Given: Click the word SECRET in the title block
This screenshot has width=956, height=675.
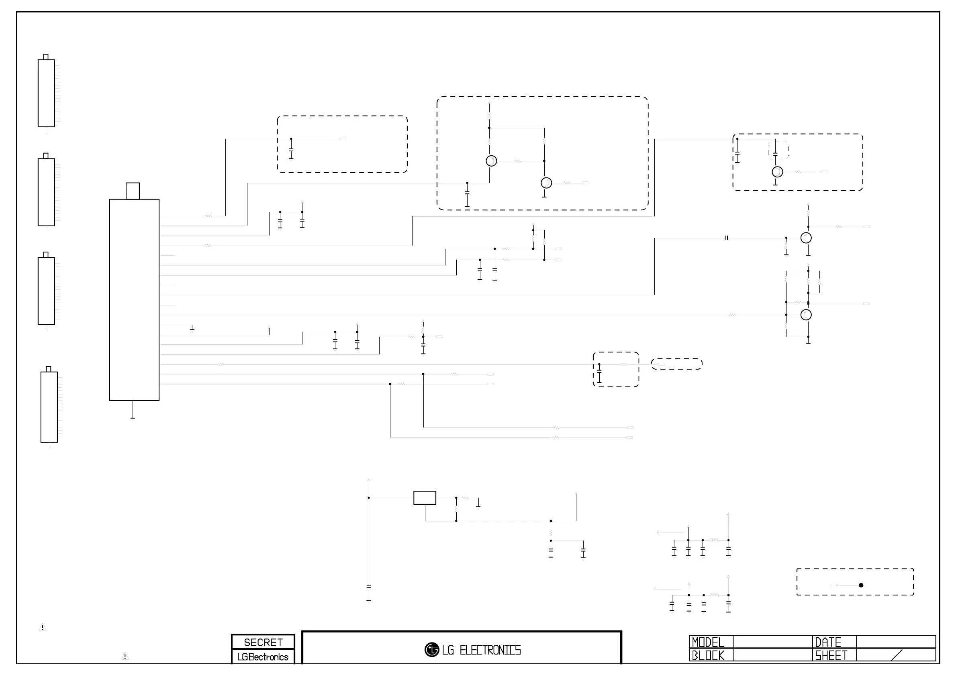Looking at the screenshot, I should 263,642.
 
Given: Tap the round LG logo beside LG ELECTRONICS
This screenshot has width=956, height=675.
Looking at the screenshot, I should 432,650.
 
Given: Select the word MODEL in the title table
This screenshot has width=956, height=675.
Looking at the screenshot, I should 708,642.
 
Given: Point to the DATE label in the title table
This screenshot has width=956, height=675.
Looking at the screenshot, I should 828,642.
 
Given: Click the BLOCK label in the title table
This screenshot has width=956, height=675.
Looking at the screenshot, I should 708,655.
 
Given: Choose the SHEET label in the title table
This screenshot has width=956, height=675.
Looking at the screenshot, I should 831,655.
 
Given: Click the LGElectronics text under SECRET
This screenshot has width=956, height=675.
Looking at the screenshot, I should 263,657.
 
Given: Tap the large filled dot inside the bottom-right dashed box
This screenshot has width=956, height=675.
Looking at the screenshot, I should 861,585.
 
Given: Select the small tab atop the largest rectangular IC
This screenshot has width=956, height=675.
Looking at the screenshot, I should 133,191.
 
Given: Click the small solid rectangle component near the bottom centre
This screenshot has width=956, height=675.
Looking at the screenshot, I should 425,498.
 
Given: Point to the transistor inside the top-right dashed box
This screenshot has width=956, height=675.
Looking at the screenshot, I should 777,172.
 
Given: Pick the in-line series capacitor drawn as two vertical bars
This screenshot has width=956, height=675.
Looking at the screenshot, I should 726,238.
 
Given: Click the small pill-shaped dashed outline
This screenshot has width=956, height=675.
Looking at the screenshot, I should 676,364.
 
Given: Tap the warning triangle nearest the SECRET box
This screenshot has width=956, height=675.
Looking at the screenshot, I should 125,656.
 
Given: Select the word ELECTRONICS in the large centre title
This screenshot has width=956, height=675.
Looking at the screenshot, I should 490,650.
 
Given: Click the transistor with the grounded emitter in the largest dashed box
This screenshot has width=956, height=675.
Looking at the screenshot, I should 546,183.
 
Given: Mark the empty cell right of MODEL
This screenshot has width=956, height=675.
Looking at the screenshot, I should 772,642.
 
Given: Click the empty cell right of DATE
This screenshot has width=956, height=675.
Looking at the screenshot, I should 896,642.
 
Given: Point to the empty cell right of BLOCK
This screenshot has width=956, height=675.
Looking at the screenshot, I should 772,655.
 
